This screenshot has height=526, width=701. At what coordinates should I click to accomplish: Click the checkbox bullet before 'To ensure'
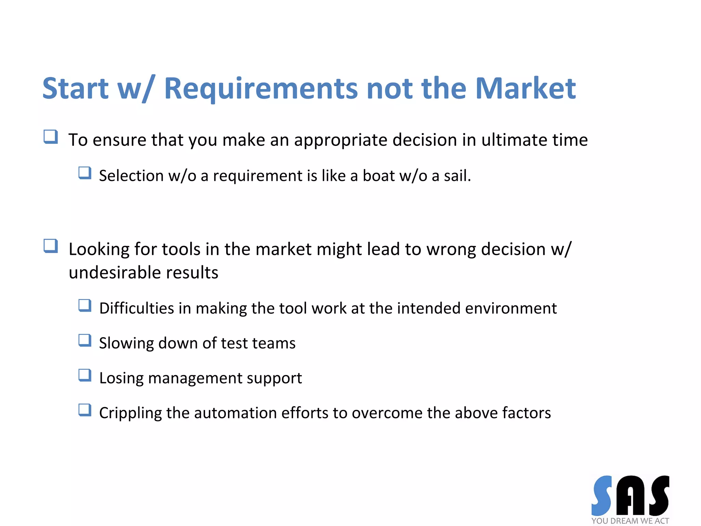[x=51, y=137]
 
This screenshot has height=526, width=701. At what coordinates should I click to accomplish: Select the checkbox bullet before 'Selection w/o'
[x=85, y=173]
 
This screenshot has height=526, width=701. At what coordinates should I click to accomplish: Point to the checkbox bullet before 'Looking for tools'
[x=51, y=246]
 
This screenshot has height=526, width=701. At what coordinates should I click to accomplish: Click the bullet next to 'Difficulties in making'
[x=85, y=305]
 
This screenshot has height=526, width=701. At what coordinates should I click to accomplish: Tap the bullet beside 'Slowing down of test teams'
[x=85, y=340]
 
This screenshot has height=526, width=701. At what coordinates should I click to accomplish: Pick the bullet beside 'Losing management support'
[x=85, y=375]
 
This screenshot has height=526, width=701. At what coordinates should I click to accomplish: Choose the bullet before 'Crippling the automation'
[x=85, y=410]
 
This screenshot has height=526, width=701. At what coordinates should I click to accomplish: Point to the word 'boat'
[x=379, y=176]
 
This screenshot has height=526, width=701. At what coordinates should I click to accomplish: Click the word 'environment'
[x=511, y=308]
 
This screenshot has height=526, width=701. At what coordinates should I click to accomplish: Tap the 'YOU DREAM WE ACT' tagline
[x=630, y=521]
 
